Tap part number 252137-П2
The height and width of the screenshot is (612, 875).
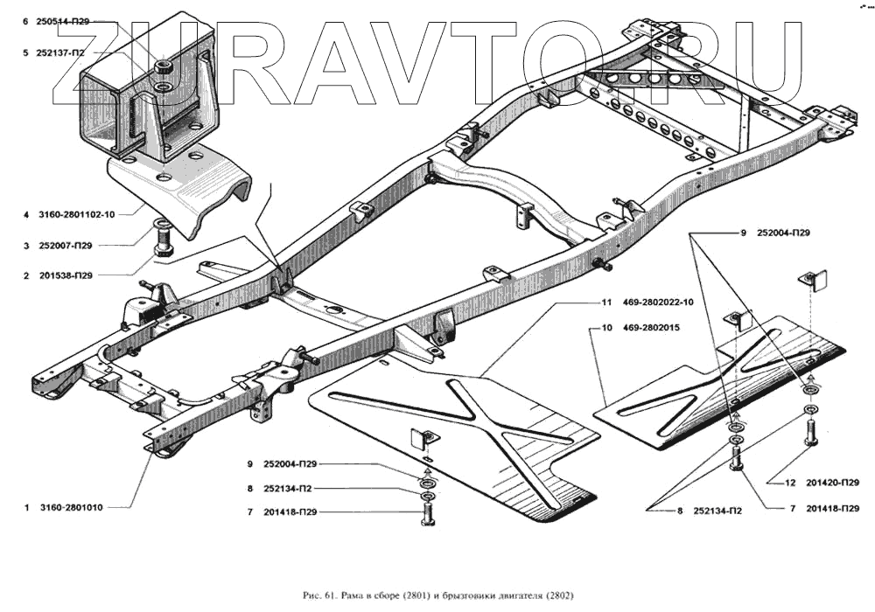click(60, 52)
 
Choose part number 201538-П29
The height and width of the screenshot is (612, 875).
click(63, 275)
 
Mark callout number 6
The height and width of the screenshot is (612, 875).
click(26, 20)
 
